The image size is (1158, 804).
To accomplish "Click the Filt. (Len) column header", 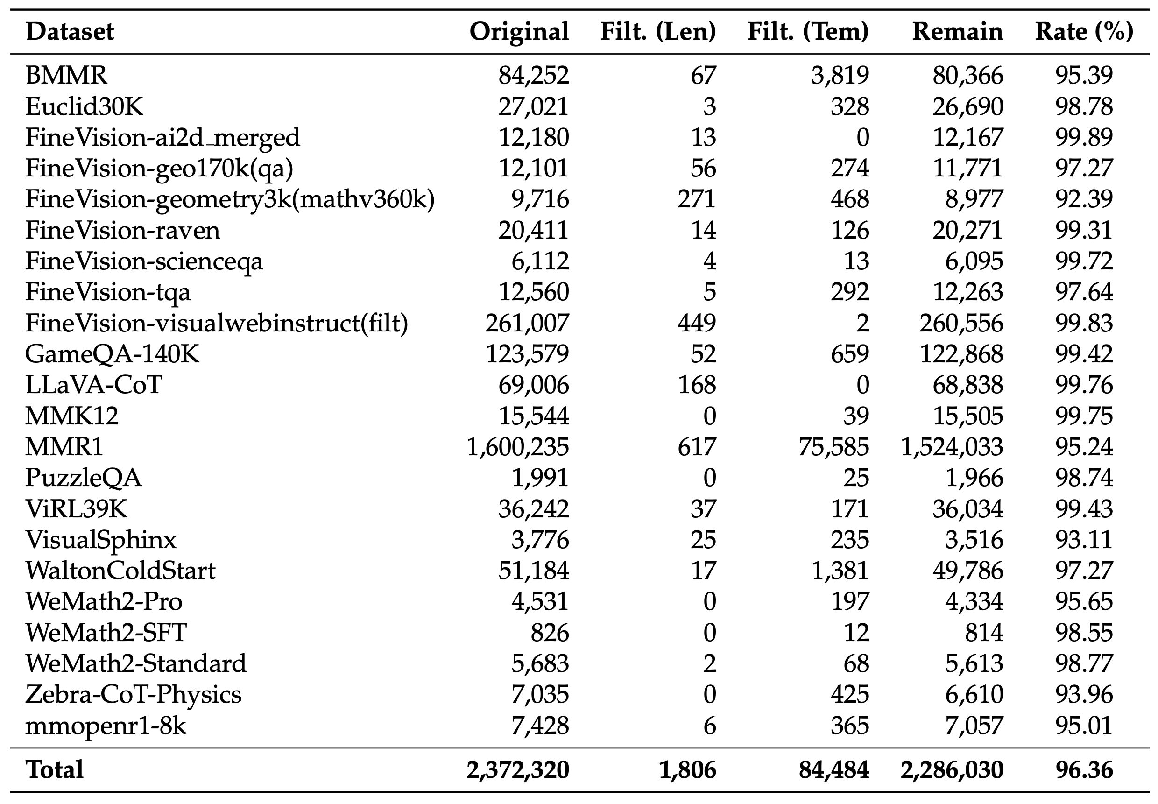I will [x=658, y=32].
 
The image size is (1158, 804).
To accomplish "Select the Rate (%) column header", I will [x=1084, y=32].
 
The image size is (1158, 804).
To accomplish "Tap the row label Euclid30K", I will [x=84, y=106].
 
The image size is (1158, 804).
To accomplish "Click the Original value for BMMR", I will [x=533, y=76].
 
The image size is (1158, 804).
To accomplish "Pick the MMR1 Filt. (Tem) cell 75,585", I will [x=833, y=447].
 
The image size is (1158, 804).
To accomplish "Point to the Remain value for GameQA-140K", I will [x=961, y=354].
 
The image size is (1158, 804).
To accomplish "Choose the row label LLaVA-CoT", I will [x=94, y=385].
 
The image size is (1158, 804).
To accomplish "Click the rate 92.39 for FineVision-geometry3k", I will [x=1084, y=199].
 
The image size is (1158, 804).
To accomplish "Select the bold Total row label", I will [x=55, y=770].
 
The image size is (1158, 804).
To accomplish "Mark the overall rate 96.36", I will [x=1084, y=770].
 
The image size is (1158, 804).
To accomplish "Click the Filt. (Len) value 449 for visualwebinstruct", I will [x=697, y=323].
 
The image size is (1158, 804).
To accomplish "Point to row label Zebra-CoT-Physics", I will [x=134, y=695].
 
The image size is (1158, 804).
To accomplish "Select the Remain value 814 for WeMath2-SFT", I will [x=984, y=633].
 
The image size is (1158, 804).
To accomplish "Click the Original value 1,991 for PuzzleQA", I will [x=540, y=478].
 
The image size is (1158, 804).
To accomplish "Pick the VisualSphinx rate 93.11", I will [x=1084, y=540].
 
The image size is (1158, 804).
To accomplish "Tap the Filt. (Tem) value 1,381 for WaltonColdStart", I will [x=840, y=571].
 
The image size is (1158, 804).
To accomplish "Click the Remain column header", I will [x=957, y=32].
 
